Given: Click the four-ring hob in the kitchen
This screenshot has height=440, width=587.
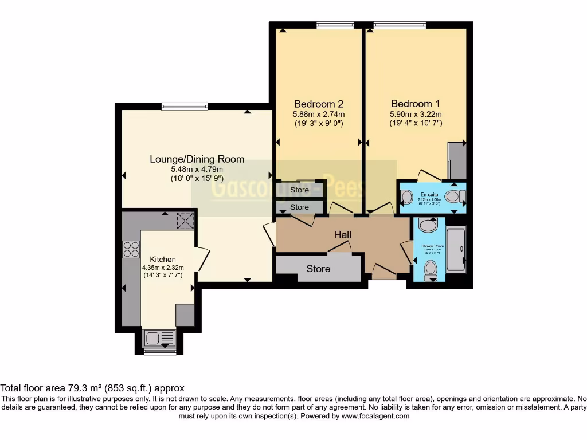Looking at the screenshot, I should point(131,249).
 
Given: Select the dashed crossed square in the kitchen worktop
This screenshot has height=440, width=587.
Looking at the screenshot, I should point(185,221).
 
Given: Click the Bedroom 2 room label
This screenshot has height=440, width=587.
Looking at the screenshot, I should point(319,104).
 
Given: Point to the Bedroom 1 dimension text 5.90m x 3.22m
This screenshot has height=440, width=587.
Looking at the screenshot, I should point(416,114).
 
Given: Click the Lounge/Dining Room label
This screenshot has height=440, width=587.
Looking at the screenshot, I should point(197,159).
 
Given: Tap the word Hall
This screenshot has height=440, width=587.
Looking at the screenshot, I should point(343,235).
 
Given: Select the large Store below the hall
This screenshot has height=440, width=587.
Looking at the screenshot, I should point(318,269).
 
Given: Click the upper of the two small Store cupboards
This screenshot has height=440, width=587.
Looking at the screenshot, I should point(300,190).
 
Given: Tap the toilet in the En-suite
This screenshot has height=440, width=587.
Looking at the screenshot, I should point(454,197).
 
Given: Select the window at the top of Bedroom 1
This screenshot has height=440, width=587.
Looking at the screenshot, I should point(400,25).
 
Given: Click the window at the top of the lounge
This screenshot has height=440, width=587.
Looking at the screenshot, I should point(185,106).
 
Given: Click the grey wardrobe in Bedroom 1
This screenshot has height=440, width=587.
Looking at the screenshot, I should point(457,160).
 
